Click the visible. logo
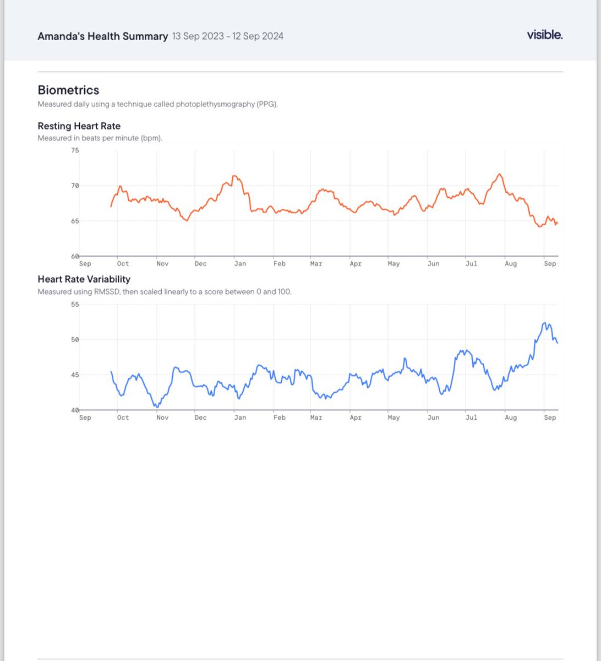point(544,35)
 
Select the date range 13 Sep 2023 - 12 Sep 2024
point(228,36)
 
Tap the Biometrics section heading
point(68,90)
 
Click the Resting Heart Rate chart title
point(79,126)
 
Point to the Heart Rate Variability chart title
point(84,279)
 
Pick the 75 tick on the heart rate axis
point(75,150)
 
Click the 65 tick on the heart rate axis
point(75,221)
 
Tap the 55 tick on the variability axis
point(75,304)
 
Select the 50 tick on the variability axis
point(75,339)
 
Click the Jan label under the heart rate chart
point(240,264)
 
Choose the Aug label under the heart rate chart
point(511,264)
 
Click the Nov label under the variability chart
point(162,418)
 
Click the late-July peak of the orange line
point(500,174)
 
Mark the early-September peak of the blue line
point(544,323)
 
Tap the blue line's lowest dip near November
point(157,407)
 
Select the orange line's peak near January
point(234,176)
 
